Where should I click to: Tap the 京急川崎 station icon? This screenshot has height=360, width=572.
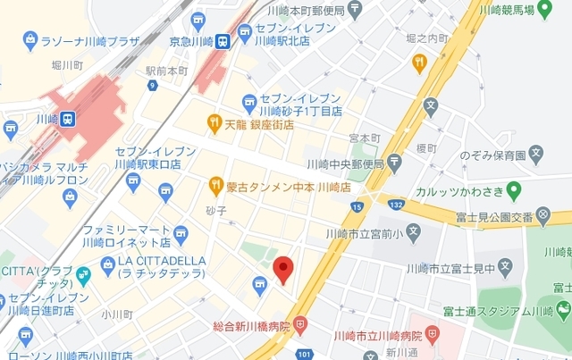pos(222,39)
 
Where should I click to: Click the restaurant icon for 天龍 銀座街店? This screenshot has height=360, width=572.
pos(214,121)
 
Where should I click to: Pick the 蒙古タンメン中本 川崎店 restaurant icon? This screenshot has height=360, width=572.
pos(215,186)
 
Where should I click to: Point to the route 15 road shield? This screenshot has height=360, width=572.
pos(358,207)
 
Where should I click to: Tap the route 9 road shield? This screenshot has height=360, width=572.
pos(153,86)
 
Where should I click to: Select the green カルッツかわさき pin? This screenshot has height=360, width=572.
pos(513,189)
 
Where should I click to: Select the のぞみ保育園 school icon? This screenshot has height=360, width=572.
pos(536,155)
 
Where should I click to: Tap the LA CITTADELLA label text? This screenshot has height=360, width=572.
pos(162,261)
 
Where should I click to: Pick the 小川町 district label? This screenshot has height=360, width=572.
pos(116,314)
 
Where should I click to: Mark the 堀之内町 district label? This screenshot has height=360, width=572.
pos(426,38)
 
